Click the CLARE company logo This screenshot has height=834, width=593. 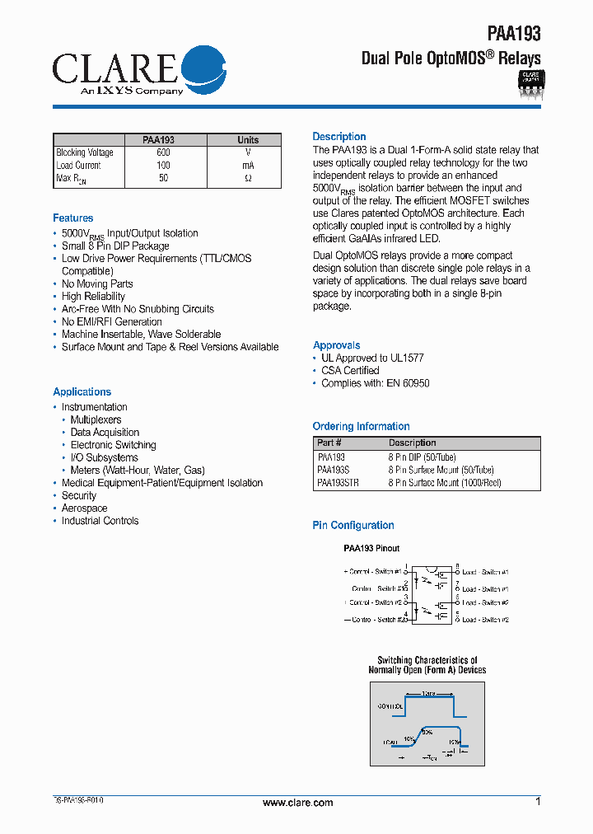pyautogui.click(x=138, y=72)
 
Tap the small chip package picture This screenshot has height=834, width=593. pyautogui.click(x=530, y=83)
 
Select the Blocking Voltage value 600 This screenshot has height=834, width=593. pyautogui.click(x=163, y=152)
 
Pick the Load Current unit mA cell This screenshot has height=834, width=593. pyautogui.click(x=247, y=166)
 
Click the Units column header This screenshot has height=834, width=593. pyautogui.click(x=247, y=140)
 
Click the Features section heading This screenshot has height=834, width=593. pyautogui.click(x=73, y=218)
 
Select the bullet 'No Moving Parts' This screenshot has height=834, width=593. pyautogui.click(x=97, y=283)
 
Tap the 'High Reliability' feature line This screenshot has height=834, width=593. pyautogui.click(x=93, y=297)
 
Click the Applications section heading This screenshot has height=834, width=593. pyautogui.click(x=82, y=392)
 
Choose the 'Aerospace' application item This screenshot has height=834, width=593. pyautogui.click(x=84, y=508)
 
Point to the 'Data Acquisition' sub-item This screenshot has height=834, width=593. pyautogui.click(x=105, y=433)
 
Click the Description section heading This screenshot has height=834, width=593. pyautogui.click(x=339, y=137)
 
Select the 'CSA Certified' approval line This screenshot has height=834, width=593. pyautogui.click(x=350, y=371)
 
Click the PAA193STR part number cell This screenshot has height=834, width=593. pyautogui.click(x=338, y=483)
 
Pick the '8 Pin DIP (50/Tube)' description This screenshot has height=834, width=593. pyautogui.click(x=422, y=457)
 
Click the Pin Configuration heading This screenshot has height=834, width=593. pyautogui.click(x=353, y=526)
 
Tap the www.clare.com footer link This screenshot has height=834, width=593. pyautogui.click(x=297, y=803)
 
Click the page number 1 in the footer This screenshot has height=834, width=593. pyautogui.click(x=538, y=802)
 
